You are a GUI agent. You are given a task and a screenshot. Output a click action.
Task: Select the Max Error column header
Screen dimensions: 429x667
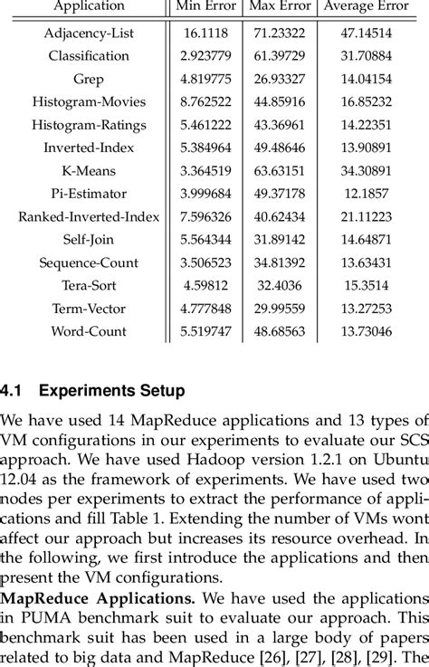pyautogui.click(x=281, y=7)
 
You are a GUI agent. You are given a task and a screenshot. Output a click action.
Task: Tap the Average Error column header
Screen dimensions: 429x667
pyautogui.click(x=367, y=7)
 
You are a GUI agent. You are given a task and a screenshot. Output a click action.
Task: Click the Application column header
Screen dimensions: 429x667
pyautogui.click(x=89, y=7)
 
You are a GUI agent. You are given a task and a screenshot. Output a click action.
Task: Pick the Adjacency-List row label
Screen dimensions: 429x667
pyautogui.click(x=89, y=33)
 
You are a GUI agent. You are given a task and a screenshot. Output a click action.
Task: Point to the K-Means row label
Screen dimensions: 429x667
pyautogui.click(x=89, y=170)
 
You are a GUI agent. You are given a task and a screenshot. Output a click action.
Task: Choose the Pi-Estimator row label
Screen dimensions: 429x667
pyautogui.click(x=89, y=194)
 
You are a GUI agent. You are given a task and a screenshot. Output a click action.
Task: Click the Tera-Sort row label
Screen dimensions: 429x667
pyautogui.click(x=89, y=286)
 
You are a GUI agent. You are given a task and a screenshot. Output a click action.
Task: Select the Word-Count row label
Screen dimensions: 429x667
pyautogui.click(x=89, y=332)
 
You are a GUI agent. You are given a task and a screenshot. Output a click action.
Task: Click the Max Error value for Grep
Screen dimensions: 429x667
pyautogui.click(x=281, y=79)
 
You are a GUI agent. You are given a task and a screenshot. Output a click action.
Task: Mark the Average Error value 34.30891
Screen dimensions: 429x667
pyautogui.click(x=367, y=170)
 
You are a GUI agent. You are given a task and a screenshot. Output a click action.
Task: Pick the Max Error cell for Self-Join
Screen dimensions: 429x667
pyautogui.click(x=281, y=240)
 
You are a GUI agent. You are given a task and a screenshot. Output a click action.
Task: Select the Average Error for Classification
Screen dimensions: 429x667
pyautogui.click(x=367, y=55)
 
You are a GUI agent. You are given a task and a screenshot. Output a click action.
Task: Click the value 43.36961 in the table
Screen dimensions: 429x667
pyautogui.click(x=281, y=124)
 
